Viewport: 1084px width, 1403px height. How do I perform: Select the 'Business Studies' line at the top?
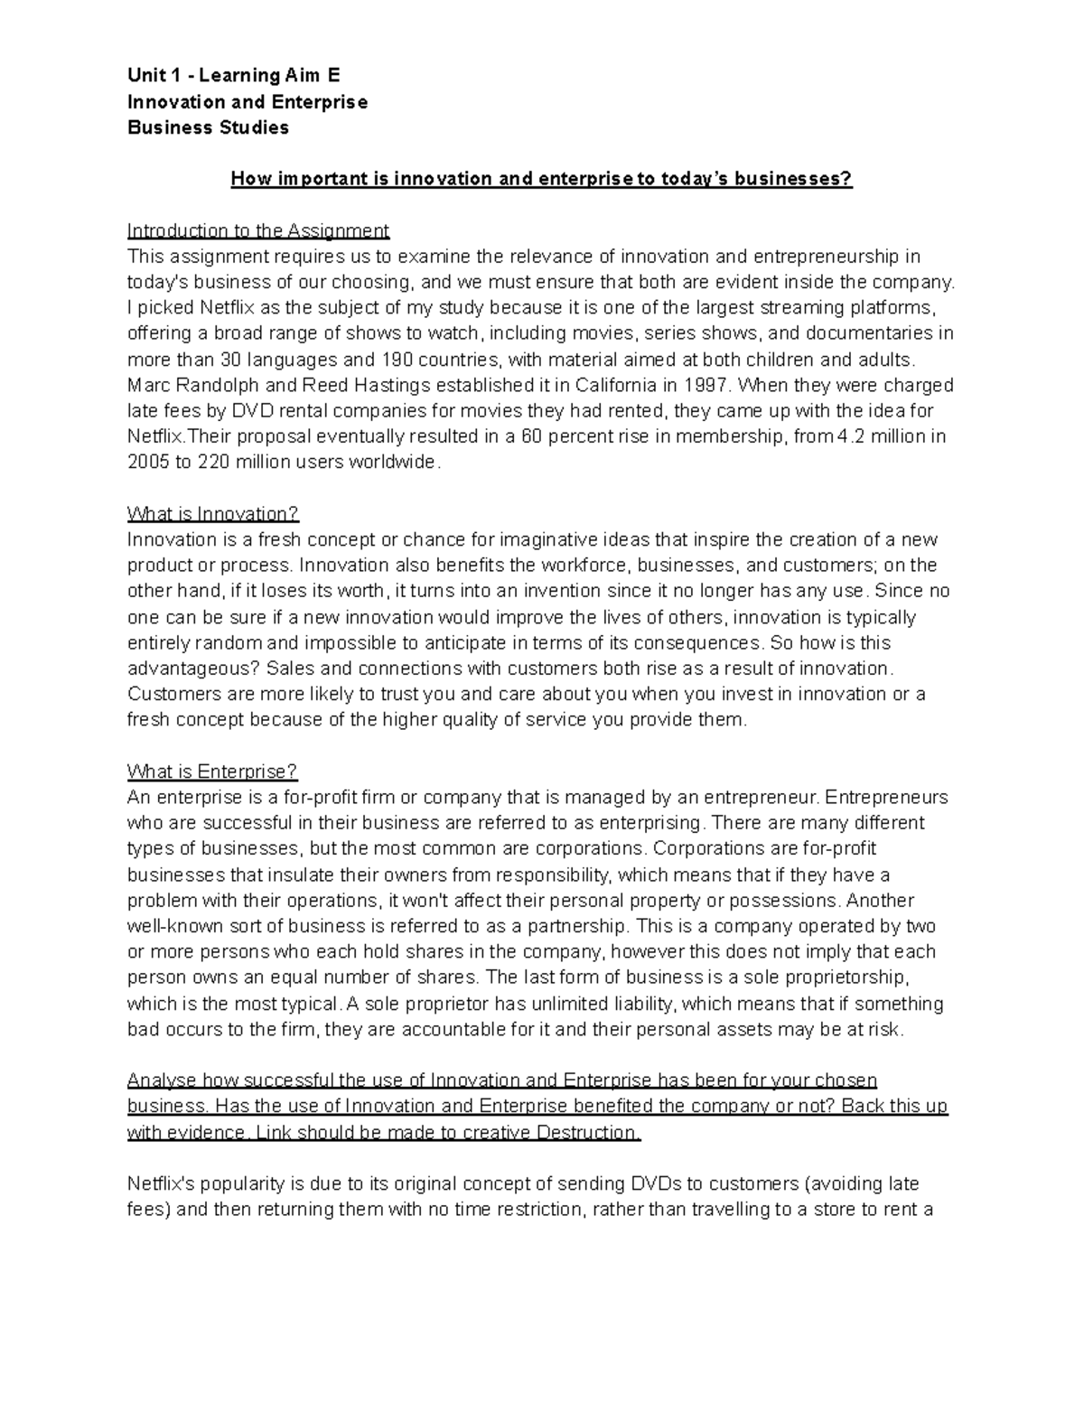(x=208, y=127)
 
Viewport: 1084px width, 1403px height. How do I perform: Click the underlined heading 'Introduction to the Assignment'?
(x=258, y=230)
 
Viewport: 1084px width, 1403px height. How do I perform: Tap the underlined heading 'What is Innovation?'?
(x=212, y=514)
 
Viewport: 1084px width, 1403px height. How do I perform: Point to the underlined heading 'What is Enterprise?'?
(x=212, y=772)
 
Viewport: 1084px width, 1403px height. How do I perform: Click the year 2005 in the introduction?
(x=148, y=463)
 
